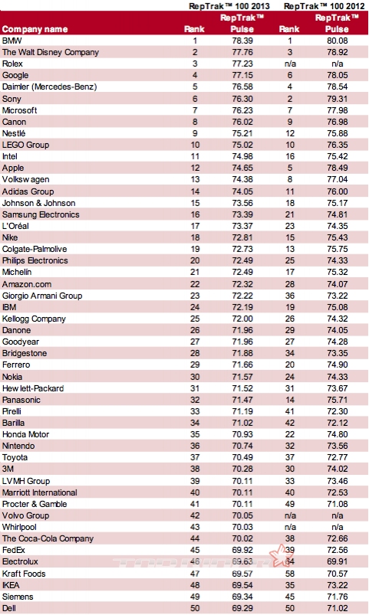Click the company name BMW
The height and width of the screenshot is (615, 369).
(x=12, y=41)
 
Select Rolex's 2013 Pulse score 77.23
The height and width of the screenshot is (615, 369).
(x=242, y=64)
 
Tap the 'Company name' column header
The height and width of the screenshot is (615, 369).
(x=35, y=29)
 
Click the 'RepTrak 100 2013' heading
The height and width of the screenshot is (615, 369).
(x=229, y=6)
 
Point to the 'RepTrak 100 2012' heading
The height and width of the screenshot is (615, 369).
(x=325, y=6)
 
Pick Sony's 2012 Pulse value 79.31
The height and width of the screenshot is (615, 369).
(x=338, y=99)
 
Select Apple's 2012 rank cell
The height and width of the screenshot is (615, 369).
(x=290, y=168)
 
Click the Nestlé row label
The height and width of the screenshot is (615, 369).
(x=14, y=133)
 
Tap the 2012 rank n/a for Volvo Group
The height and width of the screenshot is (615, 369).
(x=290, y=515)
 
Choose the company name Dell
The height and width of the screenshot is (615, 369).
(x=9, y=608)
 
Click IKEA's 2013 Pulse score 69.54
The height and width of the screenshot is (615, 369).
(x=242, y=585)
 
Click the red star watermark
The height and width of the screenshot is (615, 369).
(x=281, y=555)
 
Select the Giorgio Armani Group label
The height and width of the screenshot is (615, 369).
(x=42, y=296)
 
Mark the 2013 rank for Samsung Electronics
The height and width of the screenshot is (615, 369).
(x=195, y=214)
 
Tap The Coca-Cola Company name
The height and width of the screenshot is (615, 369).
(x=48, y=539)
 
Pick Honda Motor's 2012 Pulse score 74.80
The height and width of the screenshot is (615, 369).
(x=338, y=434)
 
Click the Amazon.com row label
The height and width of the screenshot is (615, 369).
(x=27, y=284)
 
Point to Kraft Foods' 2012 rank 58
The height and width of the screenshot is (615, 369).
(x=290, y=574)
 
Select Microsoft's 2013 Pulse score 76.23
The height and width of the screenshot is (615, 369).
(x=242, y=110)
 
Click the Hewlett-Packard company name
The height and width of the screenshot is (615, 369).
(x=33, y=389)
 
